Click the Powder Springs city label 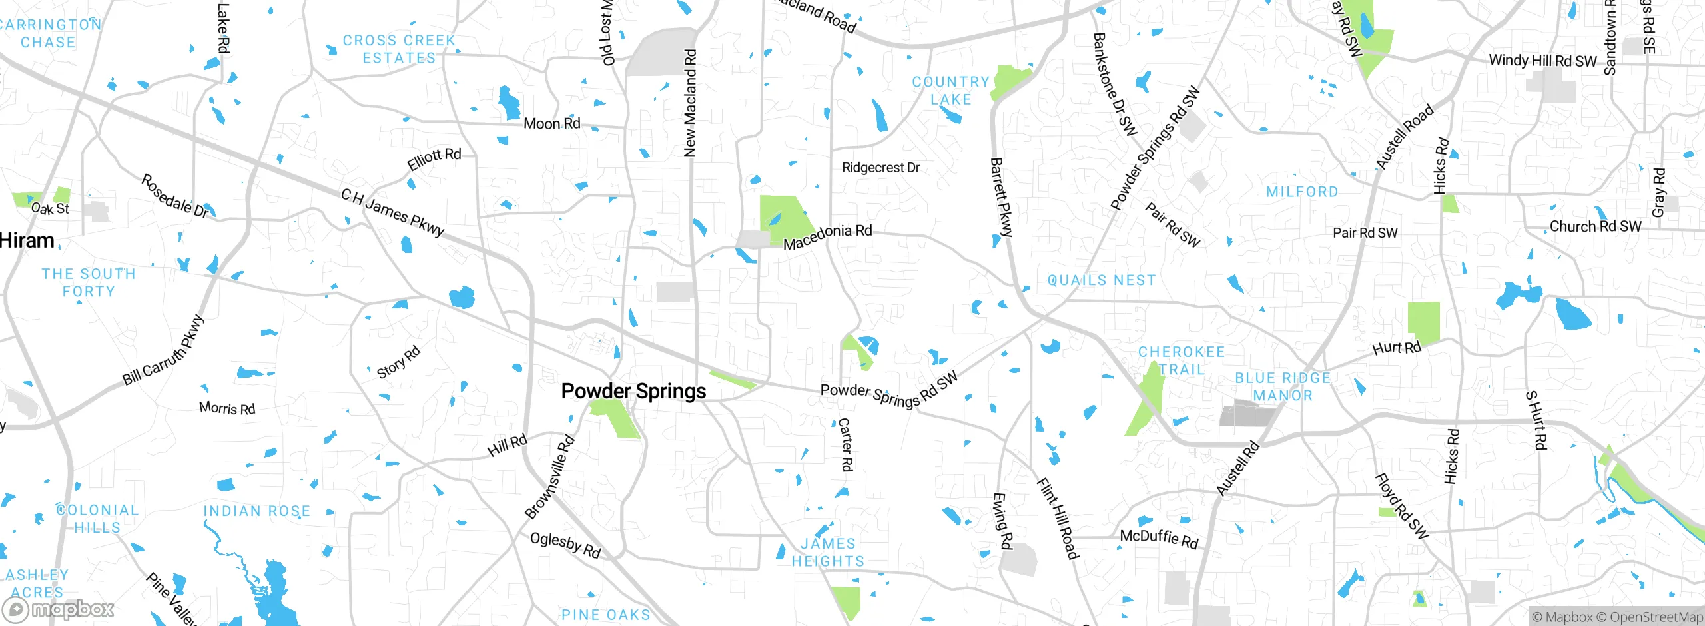point(633,391)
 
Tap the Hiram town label point(27,240)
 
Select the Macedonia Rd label point(827,236)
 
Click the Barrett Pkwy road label point(1001,197)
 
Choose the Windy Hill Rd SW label point(1542,61)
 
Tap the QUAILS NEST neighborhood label point(1102,280)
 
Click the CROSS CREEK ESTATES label point(399,49)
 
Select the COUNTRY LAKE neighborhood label point(950,91)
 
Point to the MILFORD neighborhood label point(1302,192)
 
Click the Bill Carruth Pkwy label point(163,350)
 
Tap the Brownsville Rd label point(549,477)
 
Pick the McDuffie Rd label point(1159,539)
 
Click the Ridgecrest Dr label point(880,168)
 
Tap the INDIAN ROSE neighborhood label point(256,511)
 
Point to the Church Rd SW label point(1595,226)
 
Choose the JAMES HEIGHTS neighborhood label point(828,553)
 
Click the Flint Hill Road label point(1058,519)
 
